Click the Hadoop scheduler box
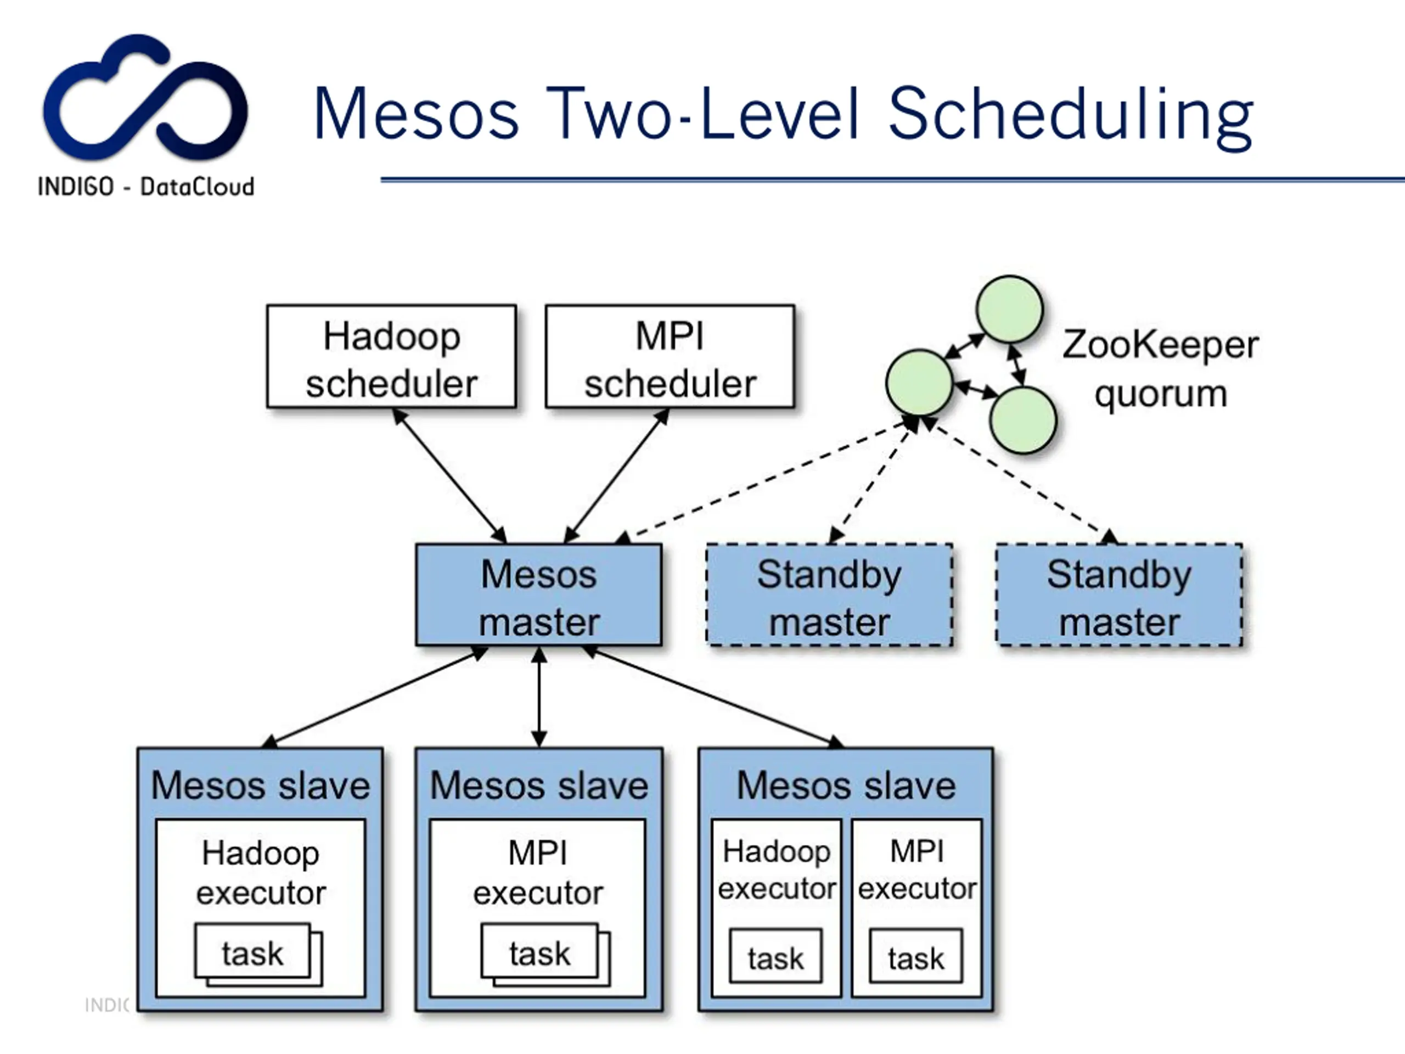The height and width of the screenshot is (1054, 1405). coord(391,356)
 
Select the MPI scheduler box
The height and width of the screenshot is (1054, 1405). coord(670,356)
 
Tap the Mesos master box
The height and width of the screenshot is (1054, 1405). coord(538,595)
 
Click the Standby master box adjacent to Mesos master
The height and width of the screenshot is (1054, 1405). coord(829,595)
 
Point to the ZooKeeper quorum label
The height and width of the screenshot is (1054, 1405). coord(1160,369)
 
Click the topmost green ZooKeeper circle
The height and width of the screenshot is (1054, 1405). coord(1009,310)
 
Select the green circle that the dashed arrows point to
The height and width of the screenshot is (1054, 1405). coord(919,383)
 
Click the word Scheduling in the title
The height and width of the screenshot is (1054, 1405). coord(1071,116)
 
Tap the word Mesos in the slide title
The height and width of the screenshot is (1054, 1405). coord(417,114)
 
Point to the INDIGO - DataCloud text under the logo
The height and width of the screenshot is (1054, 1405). coord(146,187)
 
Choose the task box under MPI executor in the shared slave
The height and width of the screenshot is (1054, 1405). coord(916,956)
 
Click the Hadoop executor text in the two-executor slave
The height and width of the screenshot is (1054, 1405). coord(777,869)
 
